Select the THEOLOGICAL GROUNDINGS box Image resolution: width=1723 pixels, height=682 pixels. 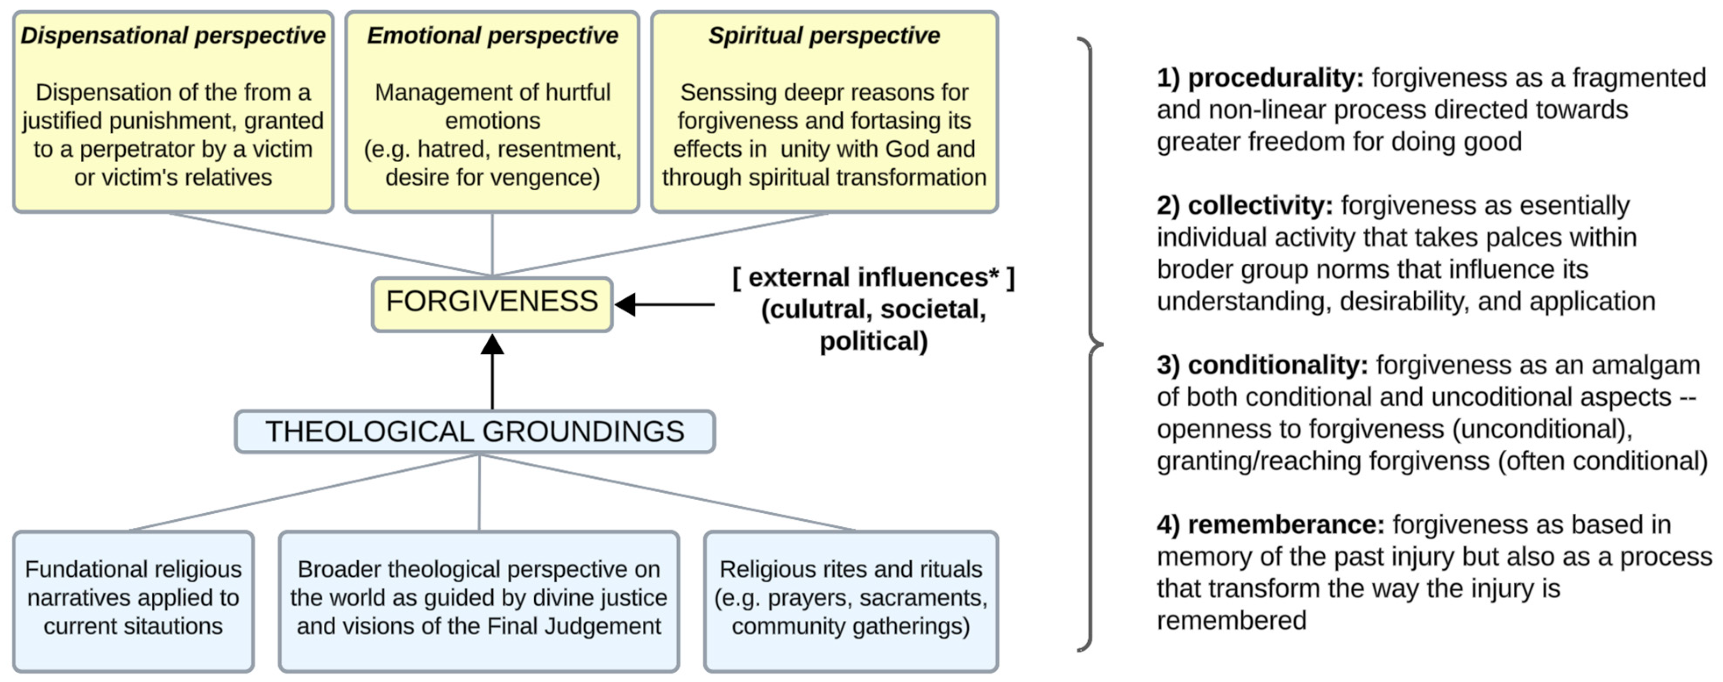coord(475,432)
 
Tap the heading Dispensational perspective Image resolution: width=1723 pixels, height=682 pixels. coord(172,35)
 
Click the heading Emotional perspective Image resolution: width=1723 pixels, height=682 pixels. coord(492,35)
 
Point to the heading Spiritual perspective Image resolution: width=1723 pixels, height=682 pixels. coord(824,35)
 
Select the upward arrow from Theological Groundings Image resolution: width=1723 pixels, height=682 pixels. coord(492,375)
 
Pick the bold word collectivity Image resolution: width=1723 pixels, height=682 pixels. coord(1259,206)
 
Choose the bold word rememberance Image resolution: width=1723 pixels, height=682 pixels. coord(1285,525)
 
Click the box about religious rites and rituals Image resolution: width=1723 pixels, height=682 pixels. coord(851,599)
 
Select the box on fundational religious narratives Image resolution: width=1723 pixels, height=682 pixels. coord(133,599)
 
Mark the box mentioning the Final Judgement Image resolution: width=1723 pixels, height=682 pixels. coord(479,599)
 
